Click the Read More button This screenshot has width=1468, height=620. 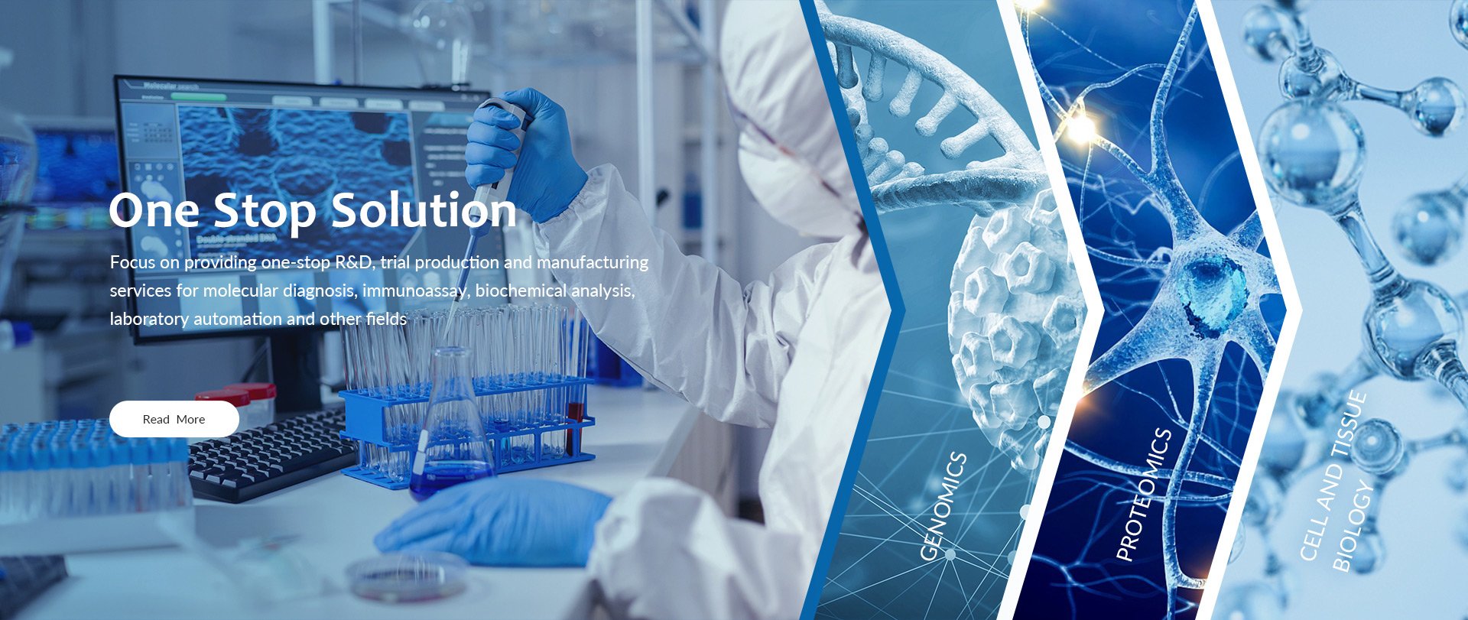(x=174, y=419)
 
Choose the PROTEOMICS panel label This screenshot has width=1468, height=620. (x=1144, y=495)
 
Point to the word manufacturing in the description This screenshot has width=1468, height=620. (x=592, y=262)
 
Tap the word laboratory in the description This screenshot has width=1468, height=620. (x=149, y=319)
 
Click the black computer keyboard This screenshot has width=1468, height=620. (x=268, y=455)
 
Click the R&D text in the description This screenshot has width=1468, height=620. (x=355, y=262)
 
